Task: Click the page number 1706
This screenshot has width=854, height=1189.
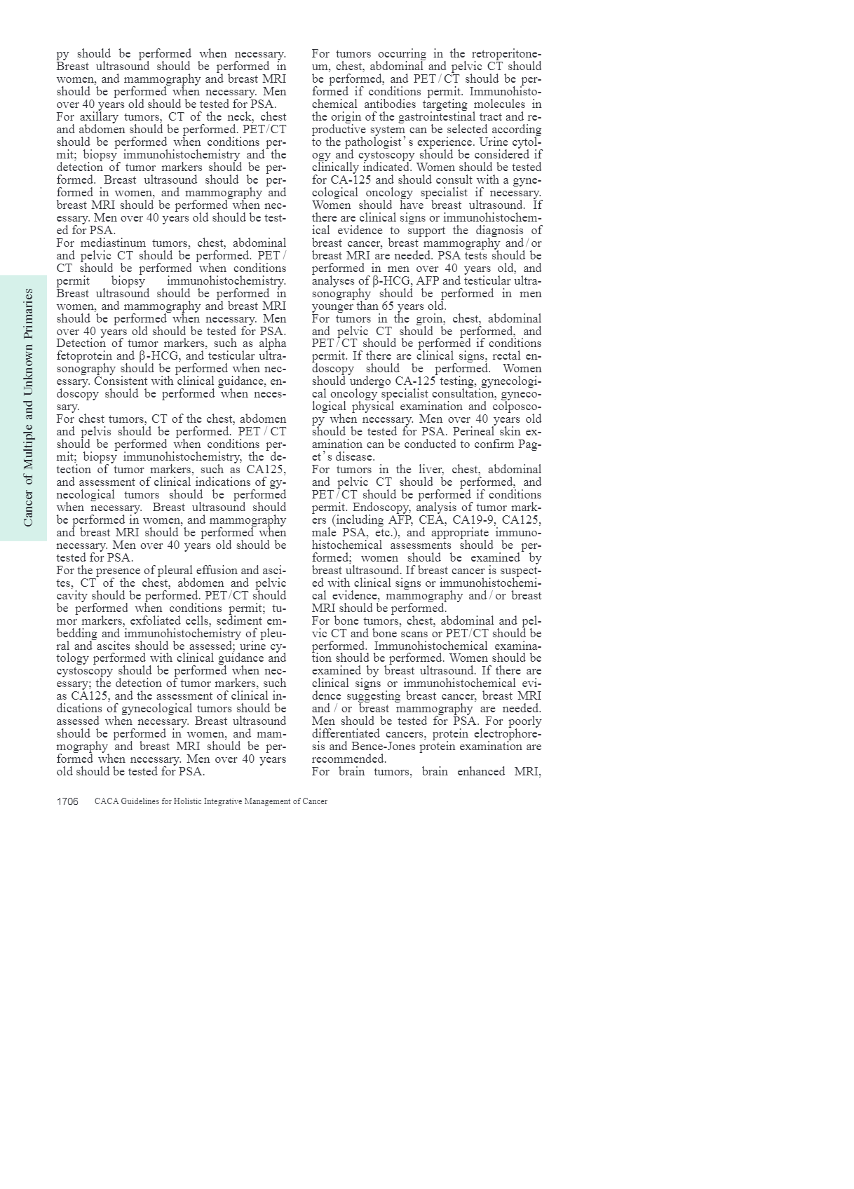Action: pyautogui.click(x=67, y=801)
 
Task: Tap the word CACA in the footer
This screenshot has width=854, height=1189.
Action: pyautogui.click(x=105, y=801)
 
